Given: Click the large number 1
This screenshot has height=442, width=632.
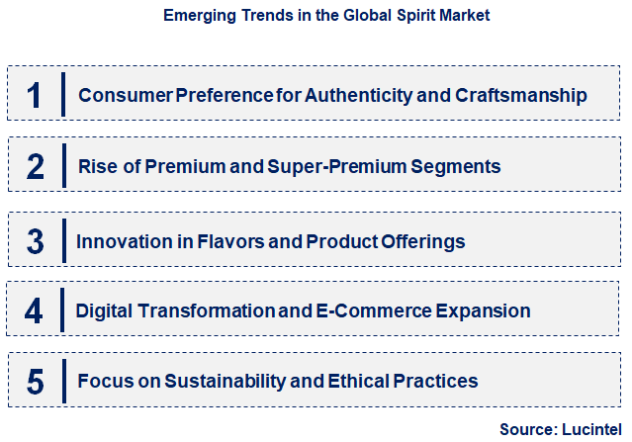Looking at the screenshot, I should click(x=35, y=95).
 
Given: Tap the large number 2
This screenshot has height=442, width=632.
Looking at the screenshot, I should click(x=36, y=166).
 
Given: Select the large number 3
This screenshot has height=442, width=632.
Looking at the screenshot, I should click(x=36, y=240).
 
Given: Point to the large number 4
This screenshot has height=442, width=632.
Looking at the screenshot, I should click(x=35, y=311).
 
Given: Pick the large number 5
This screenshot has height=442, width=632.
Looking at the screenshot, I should click(x=36, y=381).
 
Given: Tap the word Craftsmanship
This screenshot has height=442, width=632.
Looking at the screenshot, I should click(x=522, y=96).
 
